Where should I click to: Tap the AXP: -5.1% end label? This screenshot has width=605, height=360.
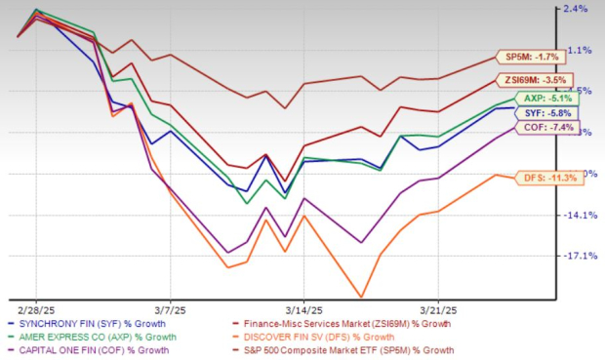(x=534, y=99)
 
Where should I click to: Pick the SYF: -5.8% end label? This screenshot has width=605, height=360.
(x=534, y=114)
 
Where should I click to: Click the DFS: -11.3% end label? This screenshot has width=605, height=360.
(x=535, y=178)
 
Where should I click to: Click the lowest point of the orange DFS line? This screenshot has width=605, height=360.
(x=363, y=297)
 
